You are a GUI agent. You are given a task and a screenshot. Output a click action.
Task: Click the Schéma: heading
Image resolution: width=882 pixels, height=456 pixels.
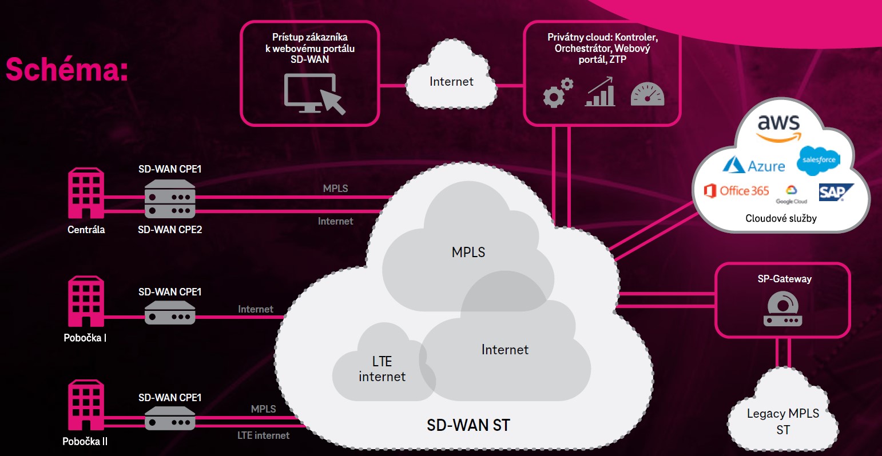pos(67,70)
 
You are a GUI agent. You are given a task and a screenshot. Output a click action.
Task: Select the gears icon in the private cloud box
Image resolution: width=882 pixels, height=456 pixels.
pos(557,93)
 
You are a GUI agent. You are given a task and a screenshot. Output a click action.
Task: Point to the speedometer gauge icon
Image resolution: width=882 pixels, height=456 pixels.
pos(647,94)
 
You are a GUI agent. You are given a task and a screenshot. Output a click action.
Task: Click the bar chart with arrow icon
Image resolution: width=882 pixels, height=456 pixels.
pos(601,93)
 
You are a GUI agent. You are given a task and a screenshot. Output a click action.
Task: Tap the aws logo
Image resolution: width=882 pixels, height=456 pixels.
pos(778,127)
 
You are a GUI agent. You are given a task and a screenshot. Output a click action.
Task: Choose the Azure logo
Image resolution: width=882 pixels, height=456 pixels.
pos(754,165)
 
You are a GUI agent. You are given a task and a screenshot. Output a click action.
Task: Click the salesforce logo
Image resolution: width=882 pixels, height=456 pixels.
pos(819,159)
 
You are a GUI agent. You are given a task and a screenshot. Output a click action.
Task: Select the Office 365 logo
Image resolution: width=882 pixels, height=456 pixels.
pos(737,191)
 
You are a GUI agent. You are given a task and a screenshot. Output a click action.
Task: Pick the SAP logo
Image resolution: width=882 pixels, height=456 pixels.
pos(835,192)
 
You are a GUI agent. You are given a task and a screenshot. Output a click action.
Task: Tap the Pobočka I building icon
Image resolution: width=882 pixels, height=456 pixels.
pos(86,301)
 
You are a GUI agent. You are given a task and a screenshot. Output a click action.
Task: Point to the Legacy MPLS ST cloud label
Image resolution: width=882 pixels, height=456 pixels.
pos(783,421)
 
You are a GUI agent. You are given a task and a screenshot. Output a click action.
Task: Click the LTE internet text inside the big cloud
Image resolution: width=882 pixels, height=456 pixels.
pos(382,369)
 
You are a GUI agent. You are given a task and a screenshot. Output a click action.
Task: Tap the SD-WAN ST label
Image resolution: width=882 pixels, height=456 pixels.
pos(468,425)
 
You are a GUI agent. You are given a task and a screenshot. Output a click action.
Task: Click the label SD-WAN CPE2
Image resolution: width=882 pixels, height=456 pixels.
pos(170,230)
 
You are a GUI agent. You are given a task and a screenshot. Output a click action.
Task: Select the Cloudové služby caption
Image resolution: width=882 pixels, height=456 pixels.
pos(781,218)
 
